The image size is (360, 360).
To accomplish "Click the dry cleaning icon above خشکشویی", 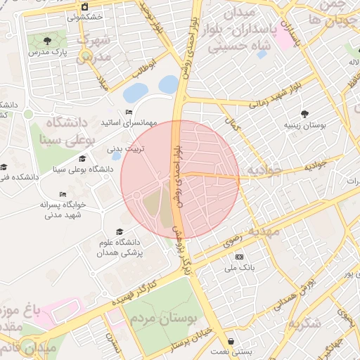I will [x=84, y=7].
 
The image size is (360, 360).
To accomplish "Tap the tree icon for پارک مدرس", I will [x=47, y=40].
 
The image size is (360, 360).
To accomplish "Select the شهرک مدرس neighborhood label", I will [x=94, y=46].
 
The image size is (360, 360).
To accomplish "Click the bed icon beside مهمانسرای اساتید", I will [x=129, y=112].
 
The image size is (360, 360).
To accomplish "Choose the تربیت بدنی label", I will [x=125, y=149].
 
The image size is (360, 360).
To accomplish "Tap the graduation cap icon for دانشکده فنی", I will [x=4, y=167].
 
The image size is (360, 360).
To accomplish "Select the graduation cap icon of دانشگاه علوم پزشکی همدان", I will [x=120, y=231].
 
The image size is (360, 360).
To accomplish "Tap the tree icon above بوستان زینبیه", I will [x=304, y=113].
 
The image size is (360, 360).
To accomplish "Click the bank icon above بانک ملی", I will [x=239, y=257].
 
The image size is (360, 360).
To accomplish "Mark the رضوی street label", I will [x=251, y=240].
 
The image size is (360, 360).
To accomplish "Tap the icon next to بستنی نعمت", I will [x=231, y=341].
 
